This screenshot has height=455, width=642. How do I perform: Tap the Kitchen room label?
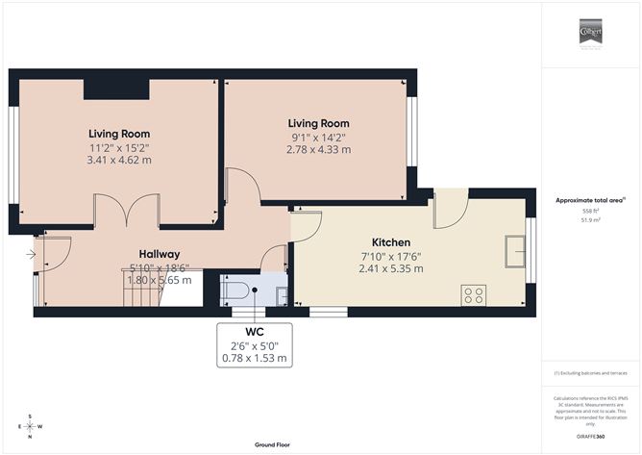click(391, 241)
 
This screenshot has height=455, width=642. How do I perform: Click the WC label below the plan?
click(254, 332)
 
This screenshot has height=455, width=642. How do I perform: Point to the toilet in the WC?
click(238, 290)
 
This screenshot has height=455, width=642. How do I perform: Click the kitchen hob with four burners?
click(473, 294)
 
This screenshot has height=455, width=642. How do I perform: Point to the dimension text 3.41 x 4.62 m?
click(119, 163)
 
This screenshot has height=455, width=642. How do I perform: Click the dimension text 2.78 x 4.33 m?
click(318, 150)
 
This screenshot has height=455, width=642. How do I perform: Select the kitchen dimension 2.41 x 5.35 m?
click(391, 268)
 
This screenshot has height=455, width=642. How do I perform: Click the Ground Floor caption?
click(273, 444)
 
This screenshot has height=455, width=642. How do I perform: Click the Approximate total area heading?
click(590, 200)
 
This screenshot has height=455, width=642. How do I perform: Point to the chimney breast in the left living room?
click(116, 89)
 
